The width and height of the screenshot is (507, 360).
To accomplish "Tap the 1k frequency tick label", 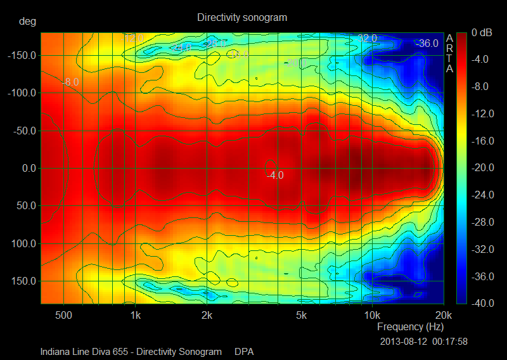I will click(x=134, y=315).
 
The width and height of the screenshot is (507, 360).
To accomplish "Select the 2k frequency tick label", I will click(x=207, y=315).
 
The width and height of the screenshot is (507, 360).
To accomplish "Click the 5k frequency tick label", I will click(x=301, y=315).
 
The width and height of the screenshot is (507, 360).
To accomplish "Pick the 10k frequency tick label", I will click(x=371, y=315).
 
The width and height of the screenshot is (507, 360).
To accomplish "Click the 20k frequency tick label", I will click(x=444, y=315).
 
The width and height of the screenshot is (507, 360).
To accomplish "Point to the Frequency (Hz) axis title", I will click(x=410, y=327).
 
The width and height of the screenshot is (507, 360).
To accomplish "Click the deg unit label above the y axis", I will click(x=27, y=21).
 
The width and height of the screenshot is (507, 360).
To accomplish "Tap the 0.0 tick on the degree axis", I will click(x=28, y=169).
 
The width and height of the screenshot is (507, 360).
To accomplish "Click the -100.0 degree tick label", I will click(x=22, y=93).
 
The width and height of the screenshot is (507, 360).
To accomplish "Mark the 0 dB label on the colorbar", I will click(x=483, y=32).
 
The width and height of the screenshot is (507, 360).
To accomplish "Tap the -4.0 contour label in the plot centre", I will click(x=275, y=175).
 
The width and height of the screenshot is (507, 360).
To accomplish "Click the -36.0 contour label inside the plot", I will click(x=427, y=43).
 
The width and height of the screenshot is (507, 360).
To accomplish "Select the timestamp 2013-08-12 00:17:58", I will click(x=424, y=341).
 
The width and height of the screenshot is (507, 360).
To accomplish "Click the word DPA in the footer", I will click(x=244, y=351).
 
